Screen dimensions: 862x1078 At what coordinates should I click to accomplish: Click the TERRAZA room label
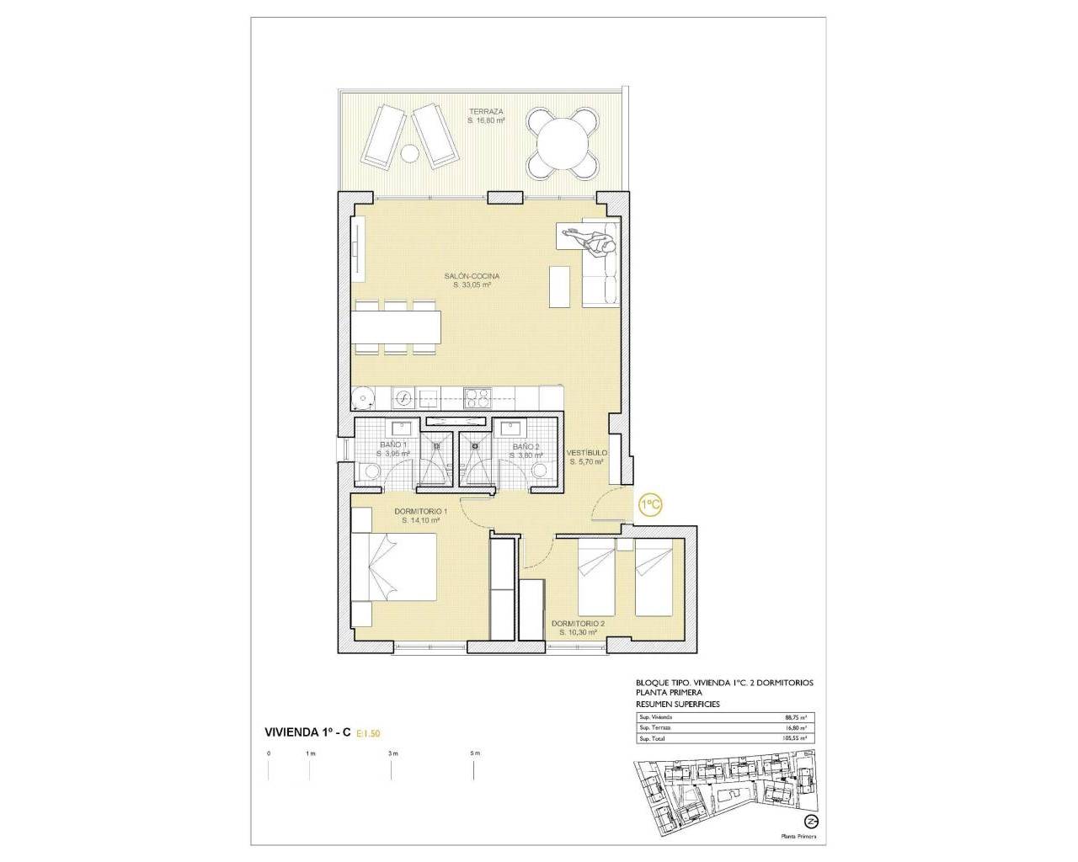tap(486, 111)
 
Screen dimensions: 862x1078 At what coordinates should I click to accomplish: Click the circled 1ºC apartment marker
tap(650, 504)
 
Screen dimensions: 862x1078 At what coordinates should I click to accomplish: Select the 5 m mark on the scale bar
tap(475, 753)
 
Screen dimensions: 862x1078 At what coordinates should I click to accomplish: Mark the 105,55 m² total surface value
tap(795, 738)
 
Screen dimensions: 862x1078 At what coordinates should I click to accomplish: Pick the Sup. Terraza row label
tap(654, 727)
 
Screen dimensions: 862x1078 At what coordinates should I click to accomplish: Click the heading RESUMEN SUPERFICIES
tap(678, 704)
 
